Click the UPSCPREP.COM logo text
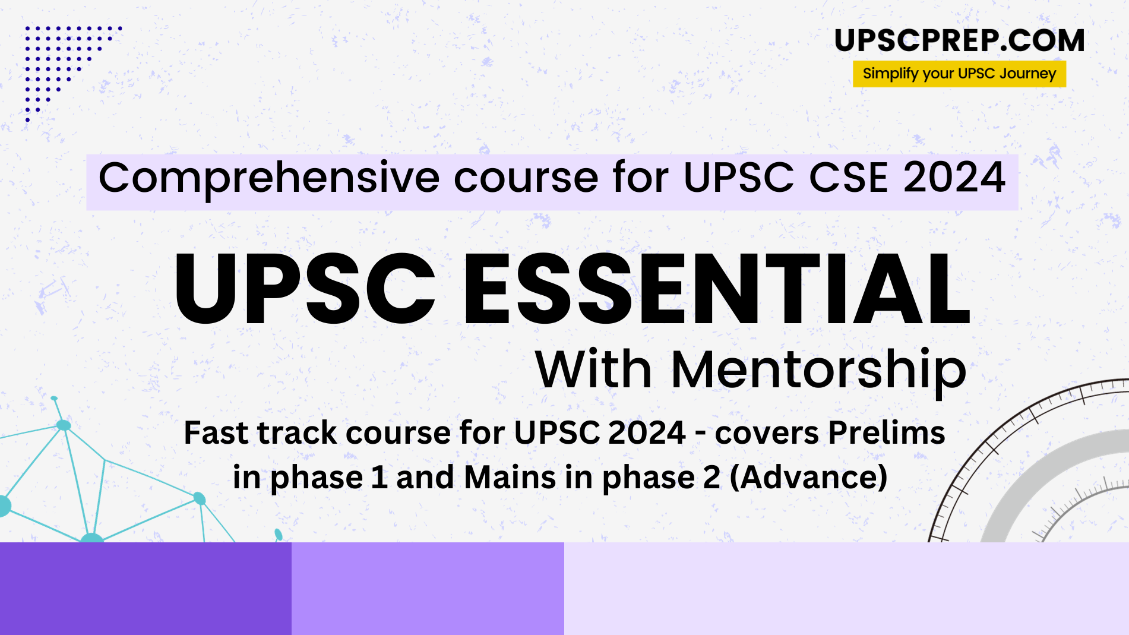click(959, 41)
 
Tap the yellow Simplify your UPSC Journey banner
click(959, 74)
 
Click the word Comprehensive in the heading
click(268, 178)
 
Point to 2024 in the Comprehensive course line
click(954, 178)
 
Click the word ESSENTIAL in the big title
click(716, 289)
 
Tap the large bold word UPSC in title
click(305, 289)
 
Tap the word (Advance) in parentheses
click(808, 478)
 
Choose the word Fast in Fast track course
click(216, 432)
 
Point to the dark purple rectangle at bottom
click(146, 588)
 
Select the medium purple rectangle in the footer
click(428, 588)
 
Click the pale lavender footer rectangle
click(846, 588)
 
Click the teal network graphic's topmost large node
click(64, 425)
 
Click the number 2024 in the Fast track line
click(647, 432)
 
